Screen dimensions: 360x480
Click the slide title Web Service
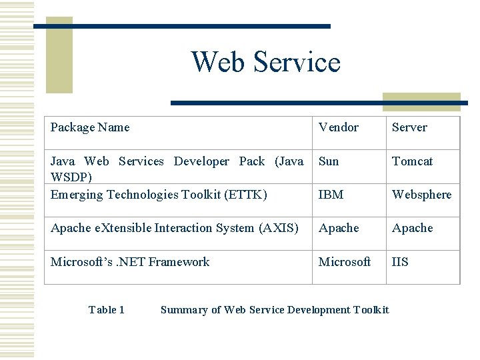[x=265, y=62]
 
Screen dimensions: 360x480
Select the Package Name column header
[x=90, y=127]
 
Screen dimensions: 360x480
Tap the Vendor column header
[x=338, y=127]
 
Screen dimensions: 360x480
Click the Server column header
[x=409, y=127]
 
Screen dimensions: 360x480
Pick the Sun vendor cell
[x=329, y=161]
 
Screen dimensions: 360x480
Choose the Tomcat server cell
[x=412, y=161]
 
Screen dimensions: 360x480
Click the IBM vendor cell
[x=331, y=195]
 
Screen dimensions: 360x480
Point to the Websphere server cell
[x=421, y=195]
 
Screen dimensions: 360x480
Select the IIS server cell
[x=400, y=262]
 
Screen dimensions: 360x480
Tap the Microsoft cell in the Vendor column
[x=345, y=262]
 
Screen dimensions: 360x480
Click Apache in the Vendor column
[x=339, y=228]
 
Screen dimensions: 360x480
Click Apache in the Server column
[x=412, y=228]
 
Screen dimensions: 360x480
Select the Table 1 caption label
[x=107, y=309]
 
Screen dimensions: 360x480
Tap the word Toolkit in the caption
[x=371, y=309]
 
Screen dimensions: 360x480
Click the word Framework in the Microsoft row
[x=179, y=262]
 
